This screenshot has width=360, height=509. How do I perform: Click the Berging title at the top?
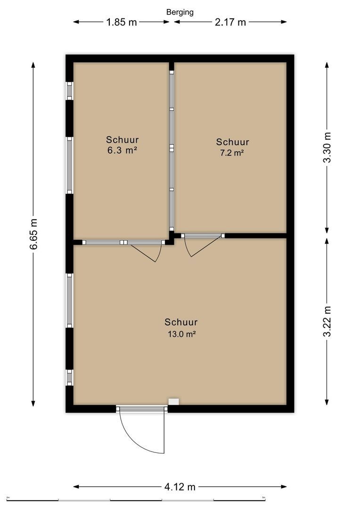tap(180, 12)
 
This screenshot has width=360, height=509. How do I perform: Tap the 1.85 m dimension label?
tap(120, 22)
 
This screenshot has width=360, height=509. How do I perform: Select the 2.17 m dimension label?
tap(230, 22)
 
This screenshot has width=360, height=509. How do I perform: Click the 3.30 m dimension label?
tap(327, 148)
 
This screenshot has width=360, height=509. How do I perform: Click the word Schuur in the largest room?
tap(181, 322)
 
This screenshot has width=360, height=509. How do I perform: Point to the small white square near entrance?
tap(174, 402)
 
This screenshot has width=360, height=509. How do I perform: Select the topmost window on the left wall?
tap(70, 90)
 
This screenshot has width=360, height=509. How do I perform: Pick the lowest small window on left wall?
tap(70, 377)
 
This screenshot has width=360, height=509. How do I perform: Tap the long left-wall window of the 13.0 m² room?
tap(70, 301)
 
